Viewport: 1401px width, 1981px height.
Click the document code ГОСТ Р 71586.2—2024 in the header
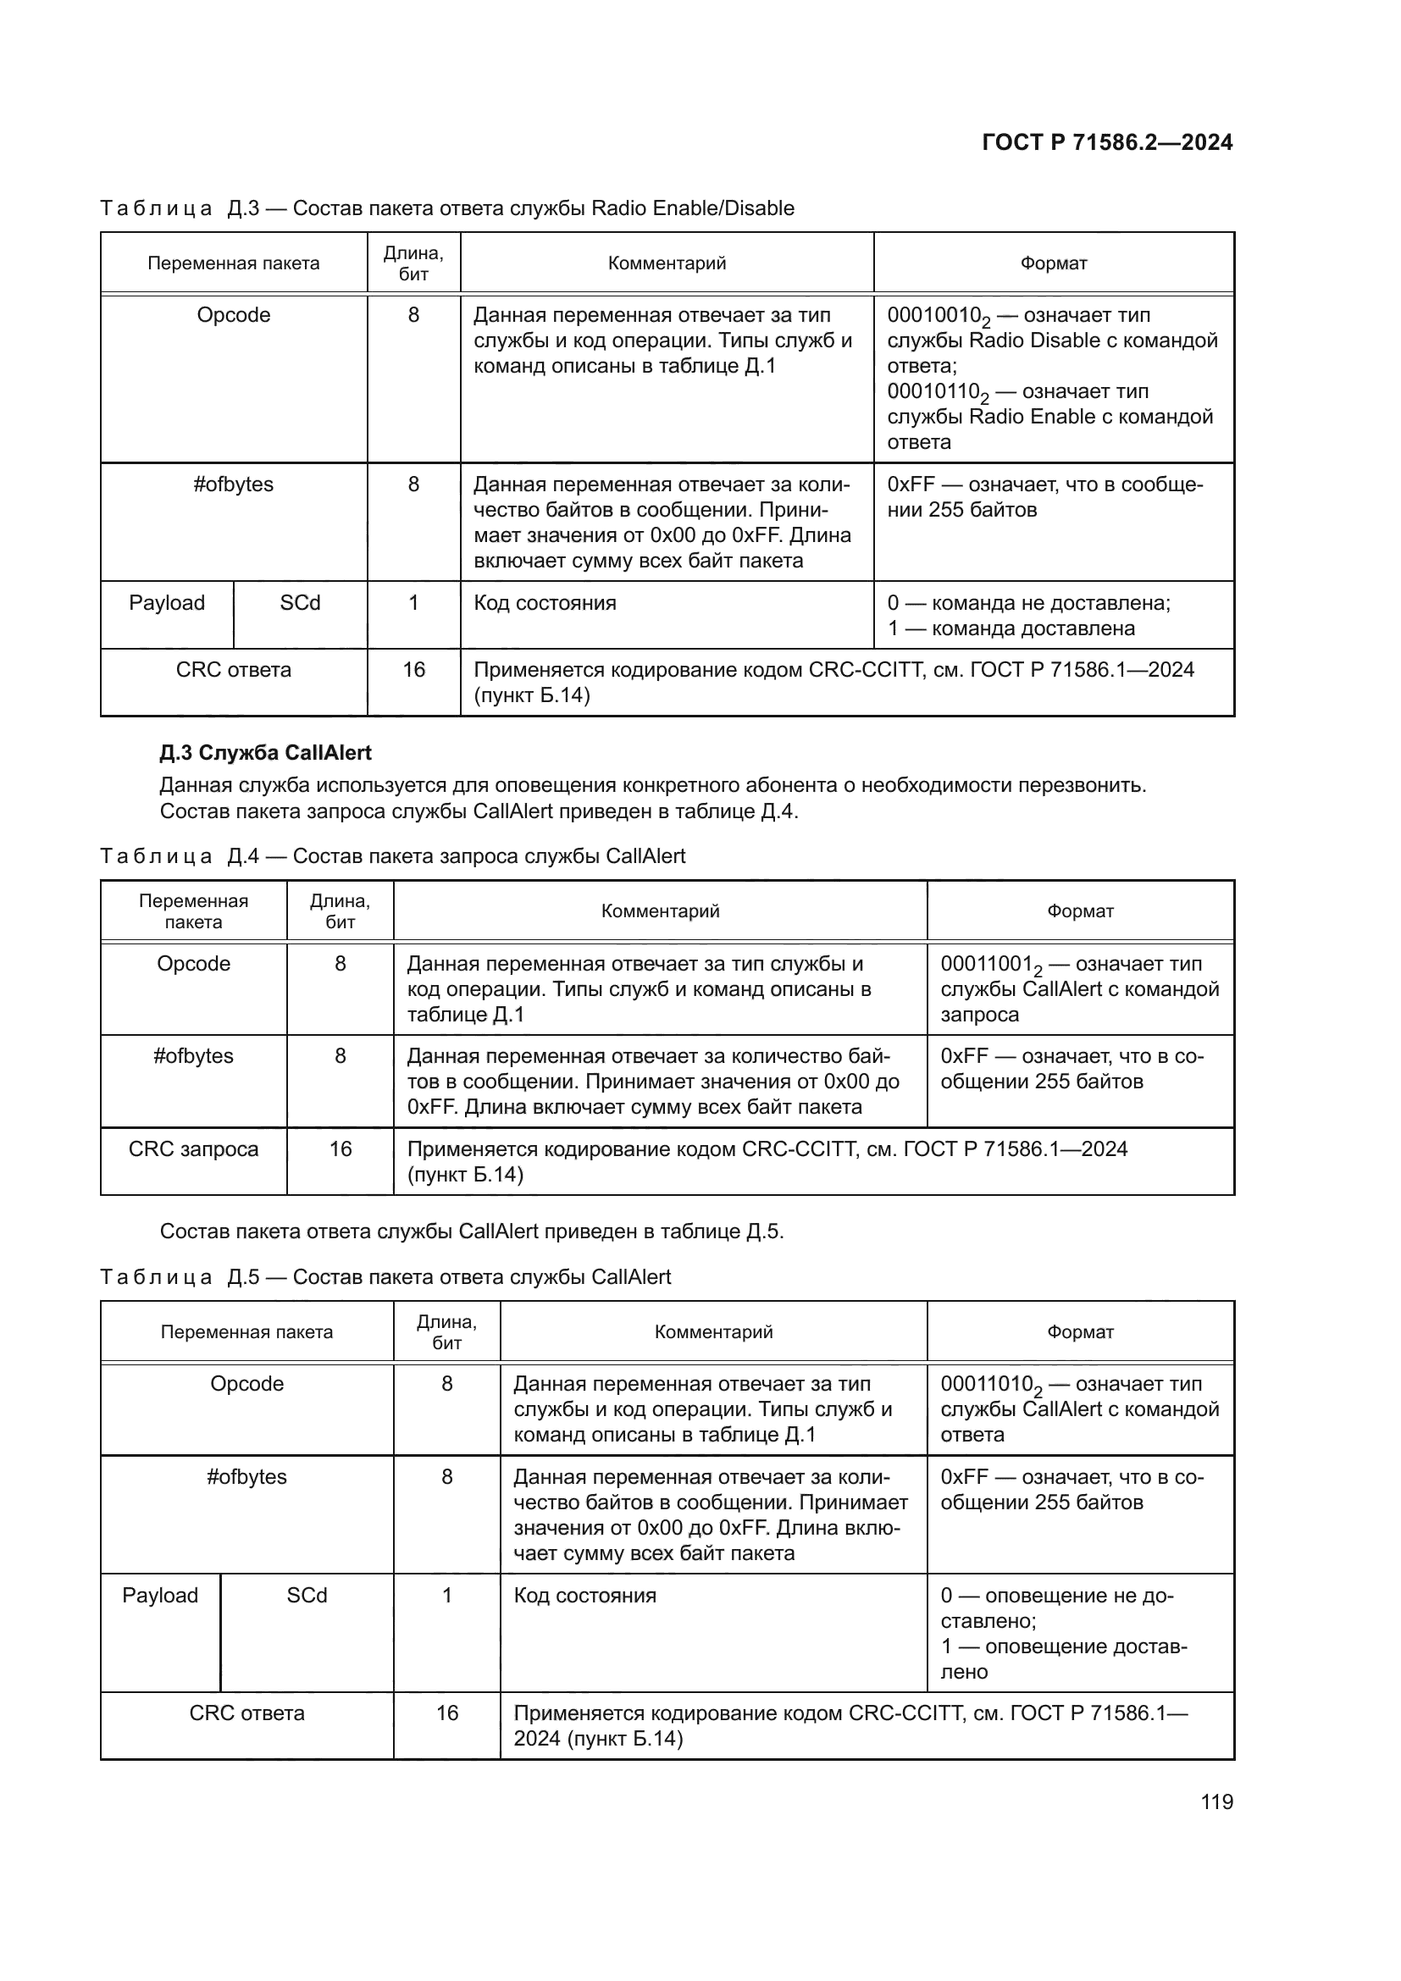[x=1107, y=142]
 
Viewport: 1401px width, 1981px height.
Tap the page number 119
[x=1216, y=1801]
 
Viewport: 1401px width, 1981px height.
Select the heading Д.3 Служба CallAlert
[x=265, y=752]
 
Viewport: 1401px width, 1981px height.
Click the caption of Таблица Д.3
[x=447, y=208]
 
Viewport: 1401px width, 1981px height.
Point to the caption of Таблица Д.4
[x=392, y=856]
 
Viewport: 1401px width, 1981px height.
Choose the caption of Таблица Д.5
[x=385, y=1277]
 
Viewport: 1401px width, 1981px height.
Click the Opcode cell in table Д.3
[x=233, y=315]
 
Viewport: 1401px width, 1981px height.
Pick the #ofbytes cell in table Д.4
[x=193, y=1056]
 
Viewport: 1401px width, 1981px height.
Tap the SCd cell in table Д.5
[x=307, y=1596]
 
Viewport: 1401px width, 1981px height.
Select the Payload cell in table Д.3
[x=167, y=602]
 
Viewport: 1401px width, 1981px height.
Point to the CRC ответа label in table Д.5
[x=246, y=1713]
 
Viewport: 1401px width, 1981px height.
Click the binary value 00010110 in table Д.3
[x=934, y=392]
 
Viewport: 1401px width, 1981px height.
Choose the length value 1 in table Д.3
[x=413, y=602]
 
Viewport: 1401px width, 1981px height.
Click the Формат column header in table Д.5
[x=1080, y=1332]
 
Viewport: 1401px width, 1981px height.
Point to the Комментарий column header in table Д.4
[x=660, y=911]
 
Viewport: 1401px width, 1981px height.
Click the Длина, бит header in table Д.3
[x=413, y=263]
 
